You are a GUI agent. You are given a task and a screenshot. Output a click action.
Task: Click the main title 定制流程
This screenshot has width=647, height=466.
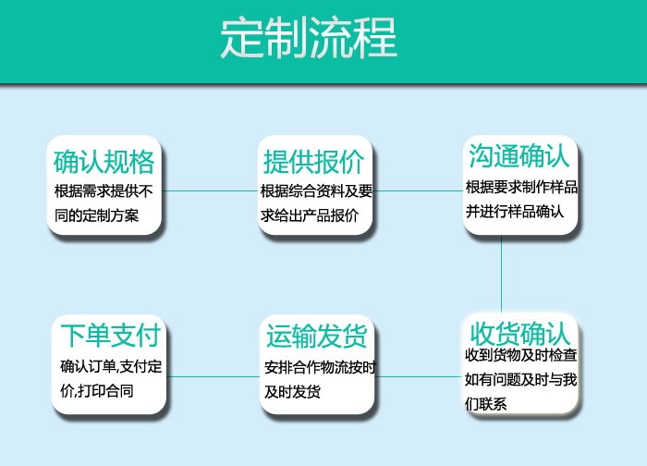coord(309,38)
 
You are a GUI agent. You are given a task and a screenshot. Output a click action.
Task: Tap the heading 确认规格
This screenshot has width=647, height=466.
coord(104,162)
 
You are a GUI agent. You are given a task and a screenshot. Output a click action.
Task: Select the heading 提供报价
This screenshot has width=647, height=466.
coord(314,162)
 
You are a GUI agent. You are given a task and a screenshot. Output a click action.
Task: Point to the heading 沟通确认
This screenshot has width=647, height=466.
coord(519,156)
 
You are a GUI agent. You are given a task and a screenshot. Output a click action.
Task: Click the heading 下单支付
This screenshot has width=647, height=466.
coord(110,335)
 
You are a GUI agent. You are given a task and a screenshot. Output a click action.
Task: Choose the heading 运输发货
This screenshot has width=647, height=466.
coord(316,336)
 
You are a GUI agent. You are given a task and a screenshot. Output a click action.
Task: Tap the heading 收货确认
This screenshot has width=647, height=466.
coord(519,334)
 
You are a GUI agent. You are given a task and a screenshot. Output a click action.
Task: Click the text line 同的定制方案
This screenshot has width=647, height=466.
coord(96,215)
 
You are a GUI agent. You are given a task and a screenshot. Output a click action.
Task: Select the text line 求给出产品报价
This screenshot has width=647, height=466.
coord(310,215)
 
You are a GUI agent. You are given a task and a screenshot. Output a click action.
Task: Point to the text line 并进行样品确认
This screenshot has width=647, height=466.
coord(515,212)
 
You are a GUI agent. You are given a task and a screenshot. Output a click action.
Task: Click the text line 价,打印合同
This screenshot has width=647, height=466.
coord(97,391)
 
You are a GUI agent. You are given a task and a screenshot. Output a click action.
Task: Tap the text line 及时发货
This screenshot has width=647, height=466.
coord(293,392)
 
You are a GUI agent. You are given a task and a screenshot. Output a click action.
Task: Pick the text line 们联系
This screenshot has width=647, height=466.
coord(485,404)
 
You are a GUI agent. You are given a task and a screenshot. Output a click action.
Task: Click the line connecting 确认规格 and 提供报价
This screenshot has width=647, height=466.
coord(210,190)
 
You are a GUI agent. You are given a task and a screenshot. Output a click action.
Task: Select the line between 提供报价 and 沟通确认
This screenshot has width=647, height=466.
coord(418,190)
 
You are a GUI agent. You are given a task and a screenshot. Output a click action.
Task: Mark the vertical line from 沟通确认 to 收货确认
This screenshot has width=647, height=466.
coord(501,274)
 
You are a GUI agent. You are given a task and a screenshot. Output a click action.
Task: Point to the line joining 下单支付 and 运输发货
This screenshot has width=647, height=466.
coord(213,376)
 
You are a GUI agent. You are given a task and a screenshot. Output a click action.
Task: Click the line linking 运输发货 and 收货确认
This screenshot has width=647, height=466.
coord(418,376)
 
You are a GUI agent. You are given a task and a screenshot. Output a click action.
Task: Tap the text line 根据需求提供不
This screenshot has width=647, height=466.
coord(104,191)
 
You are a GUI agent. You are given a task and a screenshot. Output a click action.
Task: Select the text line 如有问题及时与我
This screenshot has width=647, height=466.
coord(520,379)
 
